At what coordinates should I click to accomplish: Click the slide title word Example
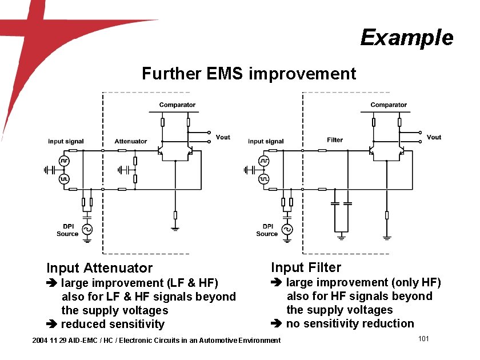(406, 38)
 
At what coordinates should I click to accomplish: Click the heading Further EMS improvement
(249, 74)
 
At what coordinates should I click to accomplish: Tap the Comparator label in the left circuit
(177, 105)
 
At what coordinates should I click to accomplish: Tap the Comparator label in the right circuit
(389, 105)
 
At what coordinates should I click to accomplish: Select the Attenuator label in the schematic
(131, 141)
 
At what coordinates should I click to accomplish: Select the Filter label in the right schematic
(335, 140)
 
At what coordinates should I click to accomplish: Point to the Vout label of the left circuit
(223, 137)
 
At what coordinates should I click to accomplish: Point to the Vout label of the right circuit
(434, 137)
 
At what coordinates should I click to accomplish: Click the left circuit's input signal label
(66, 141)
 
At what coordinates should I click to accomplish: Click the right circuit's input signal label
(266, 141)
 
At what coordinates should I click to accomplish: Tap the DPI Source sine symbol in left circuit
(87, 230)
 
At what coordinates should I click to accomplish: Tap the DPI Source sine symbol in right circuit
(287, 230)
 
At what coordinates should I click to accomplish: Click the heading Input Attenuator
(99, 268)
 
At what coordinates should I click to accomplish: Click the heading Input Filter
(306, 267)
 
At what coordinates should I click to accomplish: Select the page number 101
(423, 339)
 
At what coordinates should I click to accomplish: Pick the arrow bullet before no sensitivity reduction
(277, 324)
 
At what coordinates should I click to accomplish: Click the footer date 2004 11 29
(49, 341)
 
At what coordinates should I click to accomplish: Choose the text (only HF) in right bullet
(415, 282)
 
